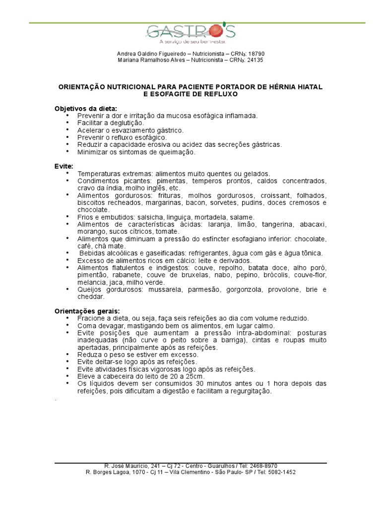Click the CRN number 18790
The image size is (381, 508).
(x=256, y=54)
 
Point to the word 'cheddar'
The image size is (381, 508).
(x=90, y=297)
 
